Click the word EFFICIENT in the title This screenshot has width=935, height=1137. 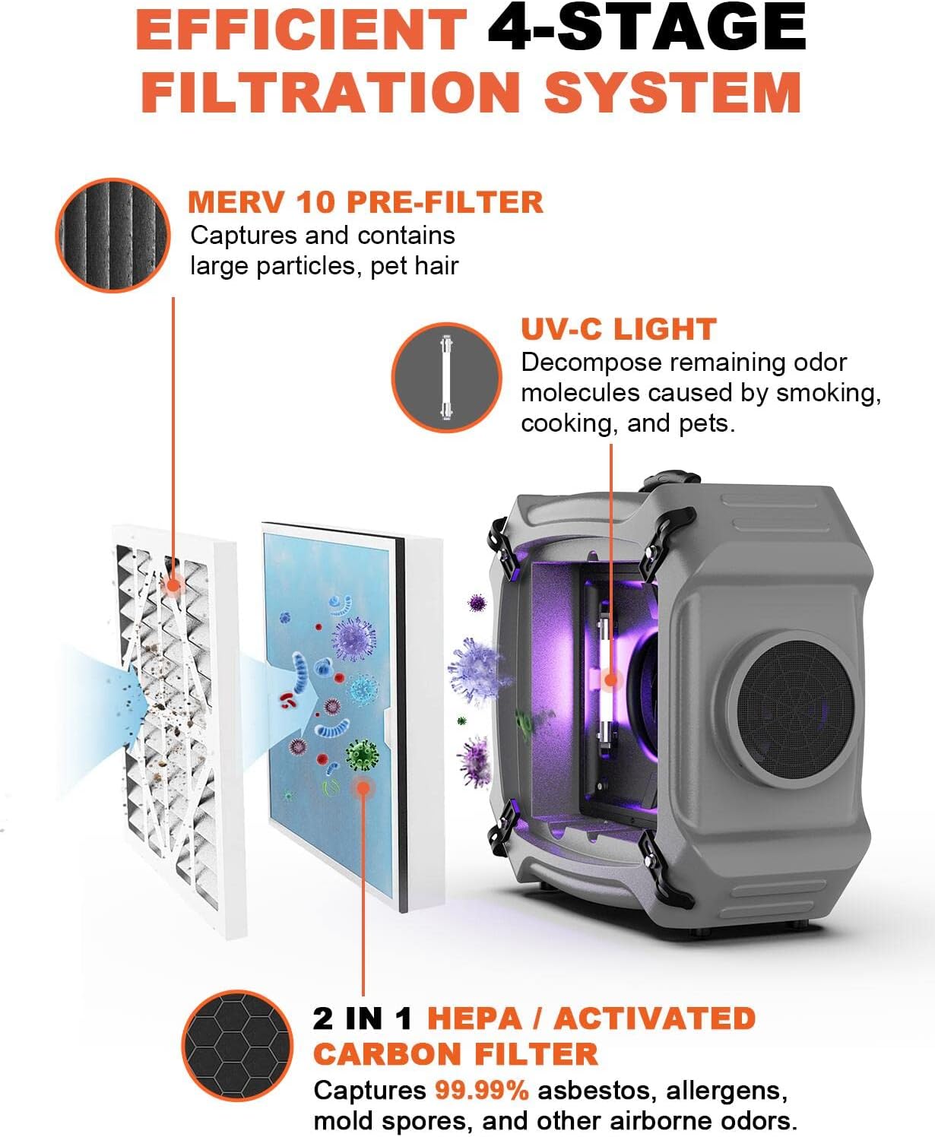pos(301,29)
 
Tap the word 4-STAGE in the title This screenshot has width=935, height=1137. pos(646,29)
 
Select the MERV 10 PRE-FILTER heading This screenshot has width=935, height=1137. pos(366,202)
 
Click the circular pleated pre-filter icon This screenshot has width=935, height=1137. pos(113,235)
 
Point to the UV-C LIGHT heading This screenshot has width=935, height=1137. pos(618,329)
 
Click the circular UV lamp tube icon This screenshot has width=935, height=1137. pos(446,377)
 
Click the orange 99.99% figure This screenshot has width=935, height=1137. pos(481,1091)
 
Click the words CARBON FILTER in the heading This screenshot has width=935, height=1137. pos(455,1055)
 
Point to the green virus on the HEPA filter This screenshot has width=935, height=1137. pos(362,755)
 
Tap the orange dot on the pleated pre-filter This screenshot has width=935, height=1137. pos(173,585)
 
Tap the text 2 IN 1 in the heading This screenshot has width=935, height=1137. pos(363,1019)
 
